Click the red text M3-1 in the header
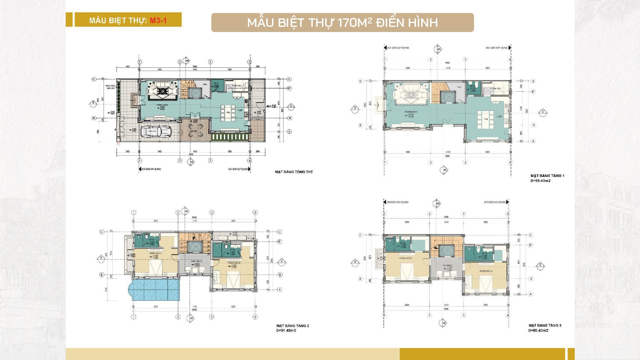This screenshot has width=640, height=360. click(158, 20)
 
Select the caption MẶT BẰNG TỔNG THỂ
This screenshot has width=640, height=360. click(294, 172)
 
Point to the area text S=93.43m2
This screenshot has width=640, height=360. click(540, 181)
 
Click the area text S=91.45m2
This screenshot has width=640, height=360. click(286, 331)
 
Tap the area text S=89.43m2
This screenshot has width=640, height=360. click(538, 331)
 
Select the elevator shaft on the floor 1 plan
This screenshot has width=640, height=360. click(448, 97)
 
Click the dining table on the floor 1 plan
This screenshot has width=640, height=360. click(485, 119)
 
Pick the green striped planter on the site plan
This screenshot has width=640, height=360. click(230, 137)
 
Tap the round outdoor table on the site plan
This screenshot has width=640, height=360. click(195, 133)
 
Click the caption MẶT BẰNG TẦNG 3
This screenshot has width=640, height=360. click(545, 325)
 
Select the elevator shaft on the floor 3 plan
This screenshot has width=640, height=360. click(446, 251)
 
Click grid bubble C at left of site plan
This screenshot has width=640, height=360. click(94, 79)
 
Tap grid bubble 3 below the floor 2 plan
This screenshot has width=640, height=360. click(212, 317)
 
